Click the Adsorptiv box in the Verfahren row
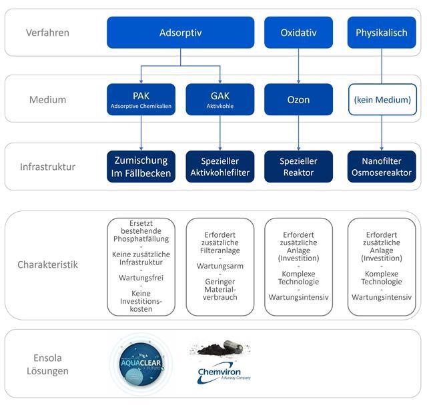[x=180, y=33]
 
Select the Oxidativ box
[x=299, y=33]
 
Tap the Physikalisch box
[x=381, y=33]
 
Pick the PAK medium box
[x=141, y=100]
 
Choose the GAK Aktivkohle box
[x=220, y=100]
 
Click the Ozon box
[x=299, y=100]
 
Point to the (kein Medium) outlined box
[x=381, y=100]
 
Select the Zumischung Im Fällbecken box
[x=141, y=167]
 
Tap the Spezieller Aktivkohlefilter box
[x=220, y=167]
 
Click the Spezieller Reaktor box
[x=299, y=167]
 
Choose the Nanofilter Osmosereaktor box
[x=381, y=167]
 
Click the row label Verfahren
[x=47, y=33]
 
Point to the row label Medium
[x=47, y=100]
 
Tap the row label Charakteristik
[x=47, y=264]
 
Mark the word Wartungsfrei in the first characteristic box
[x=141, y=277]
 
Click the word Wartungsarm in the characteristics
[x=220, y=266]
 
